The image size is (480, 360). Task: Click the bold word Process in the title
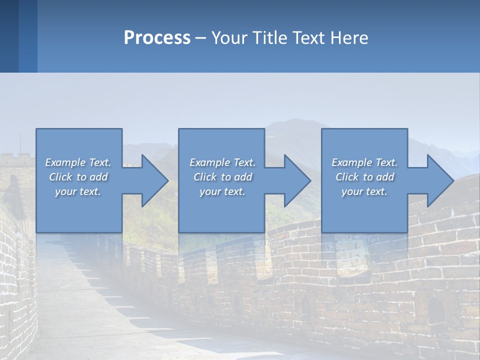157,38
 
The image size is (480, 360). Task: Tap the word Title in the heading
269,38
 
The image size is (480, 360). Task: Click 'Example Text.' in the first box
78,162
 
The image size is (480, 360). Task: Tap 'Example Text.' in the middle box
222,162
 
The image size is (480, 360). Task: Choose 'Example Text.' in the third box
364,162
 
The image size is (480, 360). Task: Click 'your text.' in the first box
78,191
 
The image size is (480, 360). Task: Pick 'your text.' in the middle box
222,191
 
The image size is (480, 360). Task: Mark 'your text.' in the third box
364,191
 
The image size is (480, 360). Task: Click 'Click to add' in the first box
78,177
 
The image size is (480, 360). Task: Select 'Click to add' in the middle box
222,177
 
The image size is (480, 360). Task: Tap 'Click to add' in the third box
364,177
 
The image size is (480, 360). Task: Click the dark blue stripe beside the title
9,36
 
